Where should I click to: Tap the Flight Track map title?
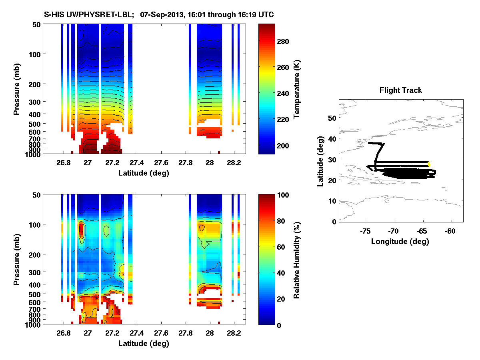pos(400,90)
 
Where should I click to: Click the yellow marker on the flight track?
pos(429,164)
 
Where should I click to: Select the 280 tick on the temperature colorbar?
pos(286,41)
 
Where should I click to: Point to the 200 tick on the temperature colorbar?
pos(286,145)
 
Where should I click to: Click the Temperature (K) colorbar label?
pos(297,89)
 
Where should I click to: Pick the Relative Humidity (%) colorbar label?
pos(297,260)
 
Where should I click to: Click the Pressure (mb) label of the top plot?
pos(17,89)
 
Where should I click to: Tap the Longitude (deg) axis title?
pos(400,241)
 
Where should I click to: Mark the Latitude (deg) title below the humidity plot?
pos(143,343)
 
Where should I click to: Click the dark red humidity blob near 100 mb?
pos(82,230)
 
